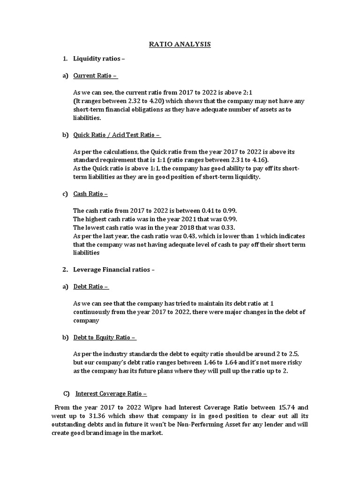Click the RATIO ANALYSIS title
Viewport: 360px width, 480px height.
[x=180, y=45]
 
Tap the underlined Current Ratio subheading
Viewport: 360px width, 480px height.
[x=95, y=75]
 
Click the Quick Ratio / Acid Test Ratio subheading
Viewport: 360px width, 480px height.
[x=117, y=135]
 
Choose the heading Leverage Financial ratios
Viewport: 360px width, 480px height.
[x=113, y=270]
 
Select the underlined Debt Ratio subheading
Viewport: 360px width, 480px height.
[x=91, y=286]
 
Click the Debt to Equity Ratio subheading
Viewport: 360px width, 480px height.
[x=105, y=337]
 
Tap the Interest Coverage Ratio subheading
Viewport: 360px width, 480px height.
[x=111, y=394]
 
